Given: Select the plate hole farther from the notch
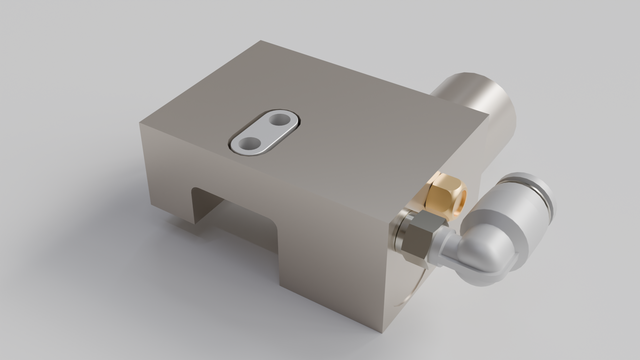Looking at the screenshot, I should pyautogui.click(x=281, y=122).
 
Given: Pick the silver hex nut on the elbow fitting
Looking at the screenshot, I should pyautogui.click(x=417, y=238).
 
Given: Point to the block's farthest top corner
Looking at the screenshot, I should pyautogui.click(x=262, y=42).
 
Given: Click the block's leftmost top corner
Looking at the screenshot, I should pyautogui.click(x=142, y=123).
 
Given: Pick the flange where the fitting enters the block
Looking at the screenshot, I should pyautogui.click(x=399, y=232).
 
